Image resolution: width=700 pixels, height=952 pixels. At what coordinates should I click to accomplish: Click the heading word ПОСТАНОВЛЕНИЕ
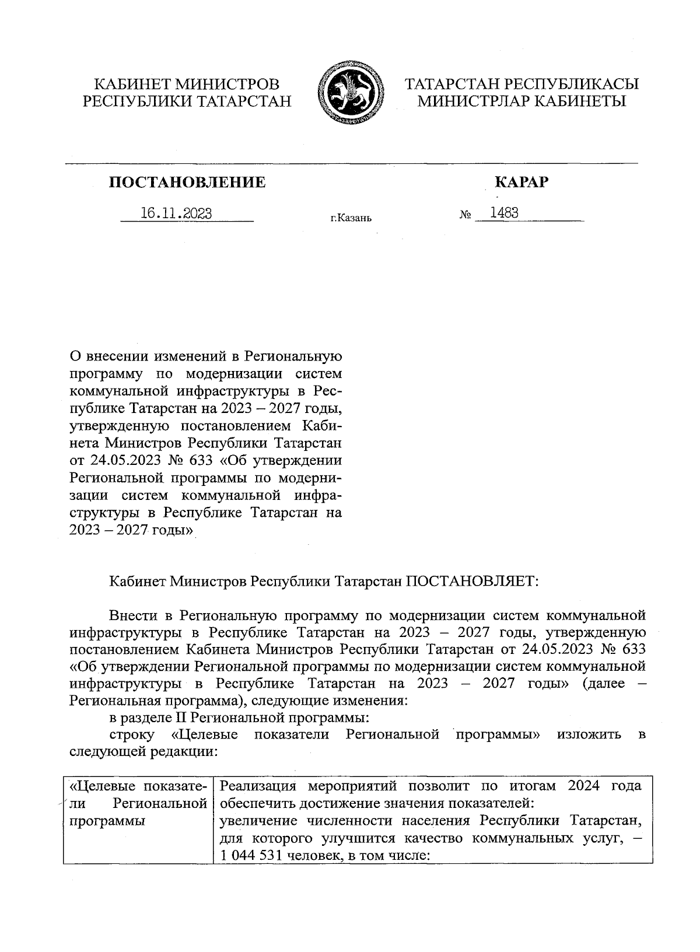click(187, 183)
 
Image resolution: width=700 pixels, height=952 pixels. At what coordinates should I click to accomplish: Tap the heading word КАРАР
click(521, 183)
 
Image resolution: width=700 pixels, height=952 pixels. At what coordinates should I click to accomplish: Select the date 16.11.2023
click(176, 213)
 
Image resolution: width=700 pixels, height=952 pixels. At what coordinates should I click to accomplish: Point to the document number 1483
click(504, 213)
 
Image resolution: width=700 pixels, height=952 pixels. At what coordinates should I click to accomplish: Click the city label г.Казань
click(351, 218)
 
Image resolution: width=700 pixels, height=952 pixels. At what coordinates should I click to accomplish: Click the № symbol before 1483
click(465, 215)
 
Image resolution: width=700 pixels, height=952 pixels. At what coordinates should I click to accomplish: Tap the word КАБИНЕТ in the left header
click(129, 84)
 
